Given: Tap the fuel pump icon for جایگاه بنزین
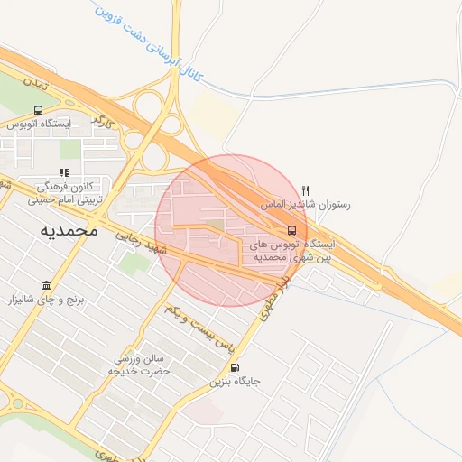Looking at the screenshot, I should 236,366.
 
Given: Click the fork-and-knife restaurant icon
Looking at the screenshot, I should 306,190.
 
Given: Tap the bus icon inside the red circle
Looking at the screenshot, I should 291,229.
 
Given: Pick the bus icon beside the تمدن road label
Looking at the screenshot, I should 37,109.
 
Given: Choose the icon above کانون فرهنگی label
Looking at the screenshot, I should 63,172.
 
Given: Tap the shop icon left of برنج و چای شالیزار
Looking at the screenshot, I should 46,286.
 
